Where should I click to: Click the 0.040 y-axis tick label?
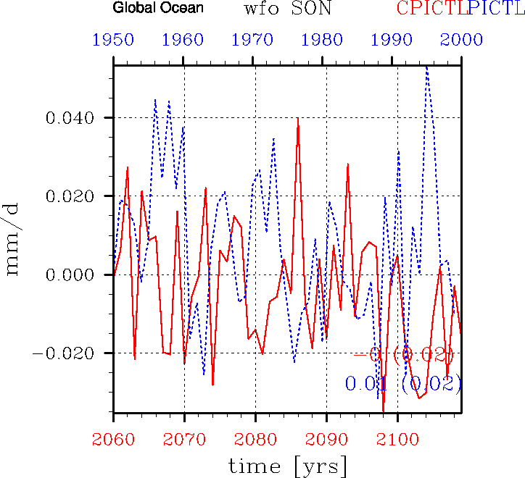pos(71,118)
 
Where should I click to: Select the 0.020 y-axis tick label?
pos(71,196)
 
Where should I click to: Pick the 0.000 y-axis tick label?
pos(71,275)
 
